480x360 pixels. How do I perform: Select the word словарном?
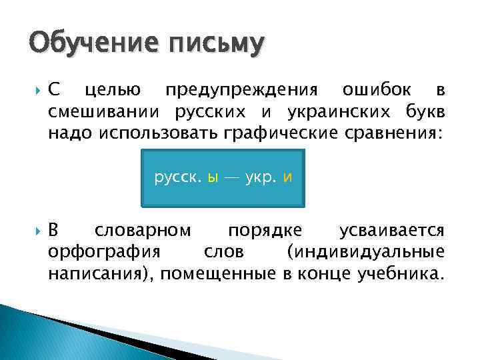(143, 231)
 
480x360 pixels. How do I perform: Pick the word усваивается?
(391, 231)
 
